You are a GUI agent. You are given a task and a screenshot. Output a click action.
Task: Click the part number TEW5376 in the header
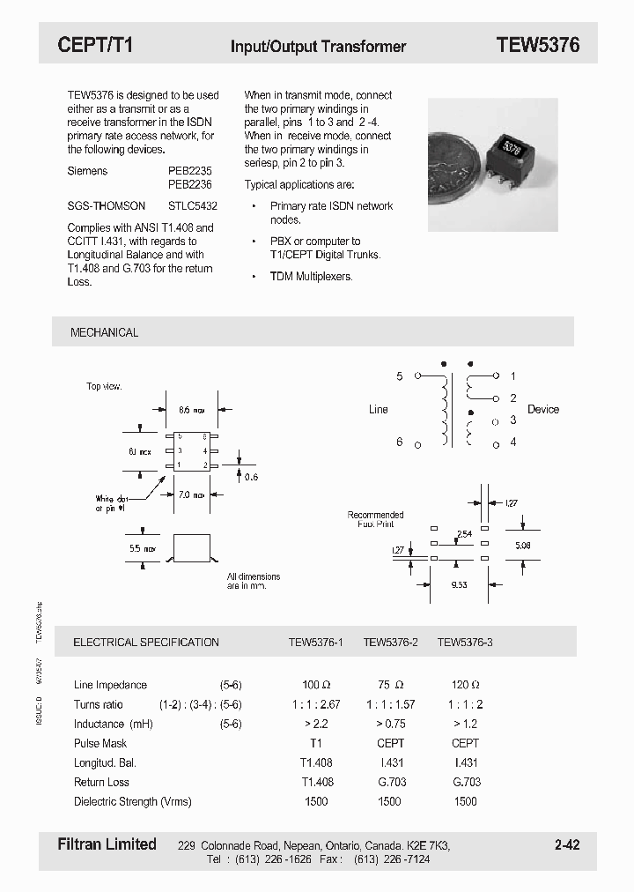[537, 46]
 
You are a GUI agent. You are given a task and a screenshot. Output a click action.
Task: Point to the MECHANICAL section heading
[104, 332]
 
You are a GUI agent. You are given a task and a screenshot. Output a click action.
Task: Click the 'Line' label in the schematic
[378, 409]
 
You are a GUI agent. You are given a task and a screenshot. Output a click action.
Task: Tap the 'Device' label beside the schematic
[542, 409]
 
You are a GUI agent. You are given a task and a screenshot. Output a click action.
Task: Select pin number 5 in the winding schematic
[399, 376]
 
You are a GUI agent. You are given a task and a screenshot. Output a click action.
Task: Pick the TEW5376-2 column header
[390, 643]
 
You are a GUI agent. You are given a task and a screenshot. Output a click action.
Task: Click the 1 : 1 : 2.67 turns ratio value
[315, 704]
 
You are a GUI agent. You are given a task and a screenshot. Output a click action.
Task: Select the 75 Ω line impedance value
[390, 685]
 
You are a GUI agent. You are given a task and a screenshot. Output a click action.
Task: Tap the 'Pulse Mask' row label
[100, 743]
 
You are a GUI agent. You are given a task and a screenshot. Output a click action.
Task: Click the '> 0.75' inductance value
[390, 724]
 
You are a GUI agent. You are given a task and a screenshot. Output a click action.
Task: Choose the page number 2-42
[567, 844]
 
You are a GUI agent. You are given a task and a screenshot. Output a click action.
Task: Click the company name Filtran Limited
[107, 844]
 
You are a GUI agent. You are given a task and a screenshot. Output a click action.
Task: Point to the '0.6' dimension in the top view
[251, 477]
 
